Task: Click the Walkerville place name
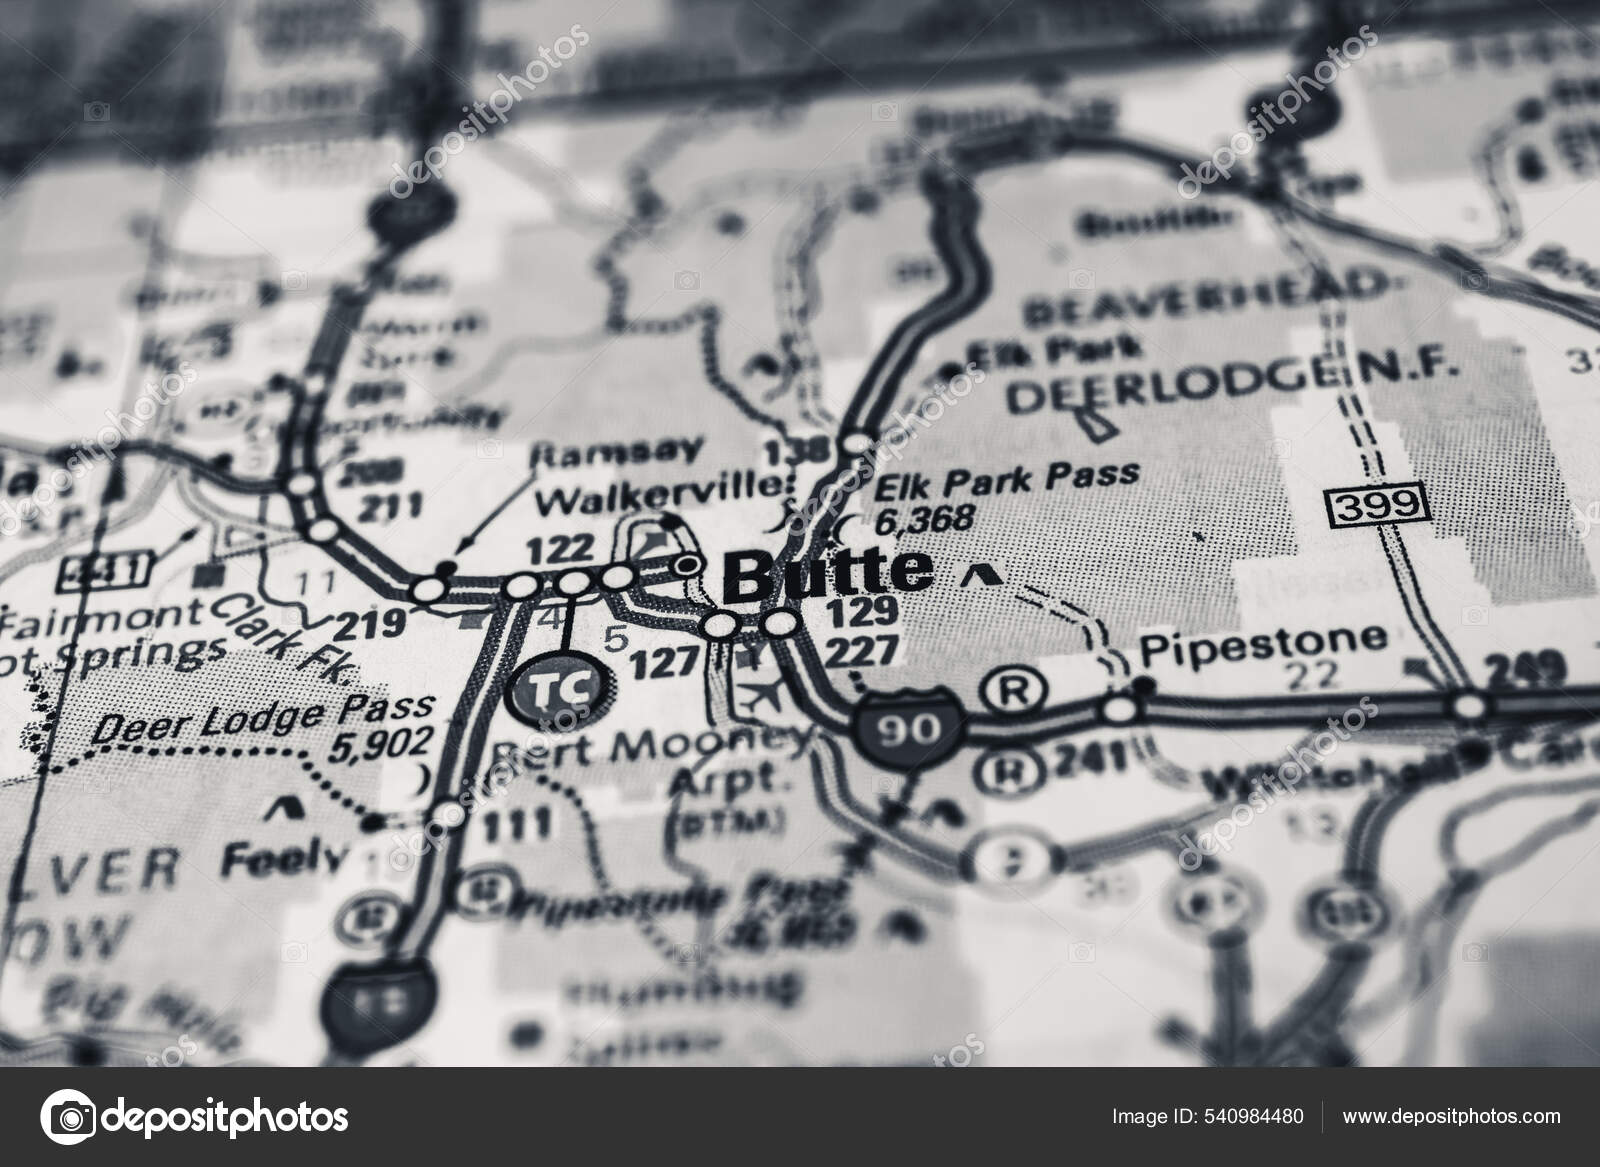(656, 492)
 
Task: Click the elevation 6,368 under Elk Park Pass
(923, 520)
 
